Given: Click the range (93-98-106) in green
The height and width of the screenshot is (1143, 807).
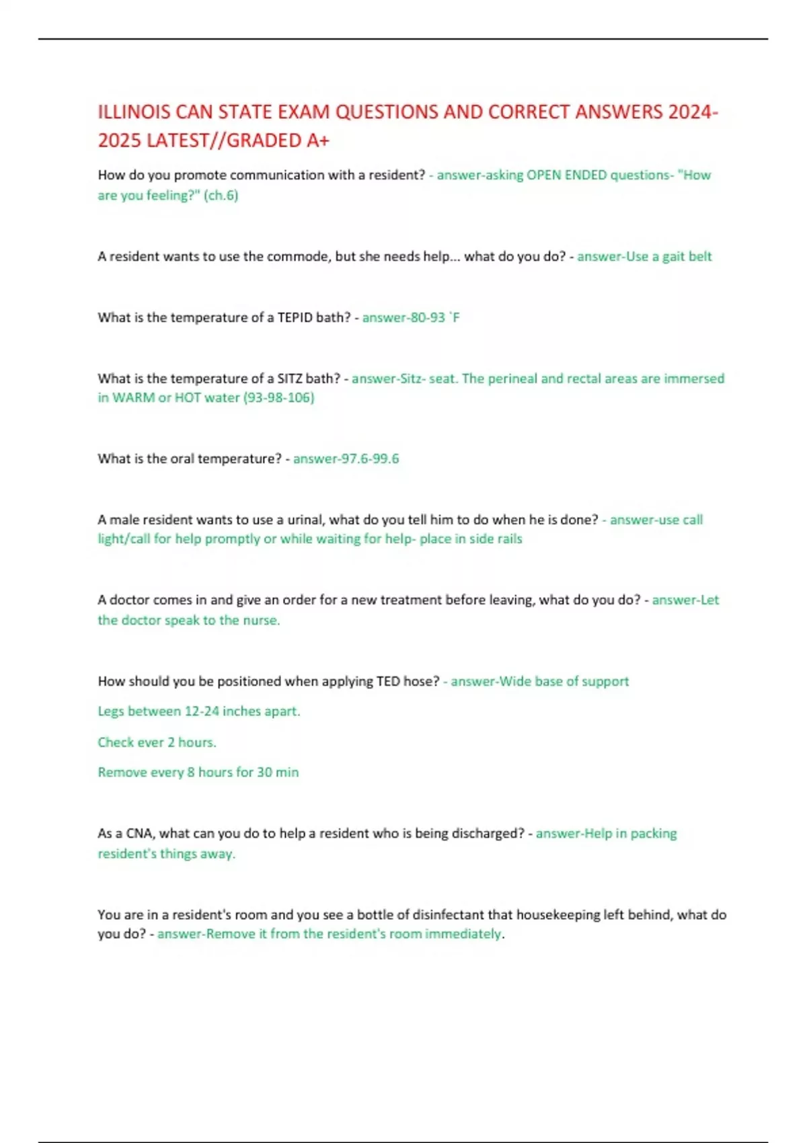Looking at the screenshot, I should [278, 397].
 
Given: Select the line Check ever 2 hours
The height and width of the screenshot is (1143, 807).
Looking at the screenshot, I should [157, 742].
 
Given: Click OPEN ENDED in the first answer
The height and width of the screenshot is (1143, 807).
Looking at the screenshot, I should [566, 175].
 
